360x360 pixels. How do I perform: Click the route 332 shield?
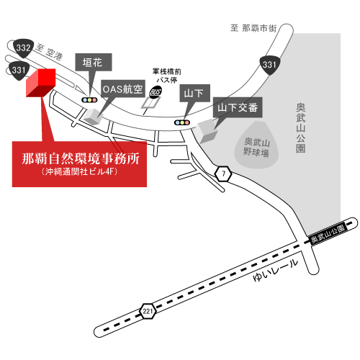pos(23,48)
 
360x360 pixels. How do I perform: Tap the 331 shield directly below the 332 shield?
pos(19,71)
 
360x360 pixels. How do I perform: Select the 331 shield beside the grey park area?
pos(270,65)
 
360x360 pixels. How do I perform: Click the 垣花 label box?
pos(94,62)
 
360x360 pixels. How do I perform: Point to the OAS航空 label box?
pos(123,89)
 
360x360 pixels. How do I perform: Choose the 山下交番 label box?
pos(238,107)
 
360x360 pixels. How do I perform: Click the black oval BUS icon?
pos(156,91)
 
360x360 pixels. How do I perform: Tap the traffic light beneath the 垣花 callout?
pos(89,100)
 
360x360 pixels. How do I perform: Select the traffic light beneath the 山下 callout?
pos(182,122)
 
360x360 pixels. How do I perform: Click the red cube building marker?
pos(41,83)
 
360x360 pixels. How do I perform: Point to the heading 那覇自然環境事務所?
pos(81,158)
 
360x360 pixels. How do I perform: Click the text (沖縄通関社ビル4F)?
pos(79,171)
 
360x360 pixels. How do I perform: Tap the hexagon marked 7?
pos(223,174)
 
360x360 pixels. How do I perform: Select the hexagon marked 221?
pos(148,311)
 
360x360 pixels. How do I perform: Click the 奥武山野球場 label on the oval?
pos(256,147)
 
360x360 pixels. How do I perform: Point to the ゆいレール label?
pos(276,271)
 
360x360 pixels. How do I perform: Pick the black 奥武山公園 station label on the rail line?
pos(328,234)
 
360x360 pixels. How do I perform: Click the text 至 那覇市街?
pos(253,28)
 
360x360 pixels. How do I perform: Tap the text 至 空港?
pos(49,52)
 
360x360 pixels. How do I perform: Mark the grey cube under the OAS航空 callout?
pos(93,117)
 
